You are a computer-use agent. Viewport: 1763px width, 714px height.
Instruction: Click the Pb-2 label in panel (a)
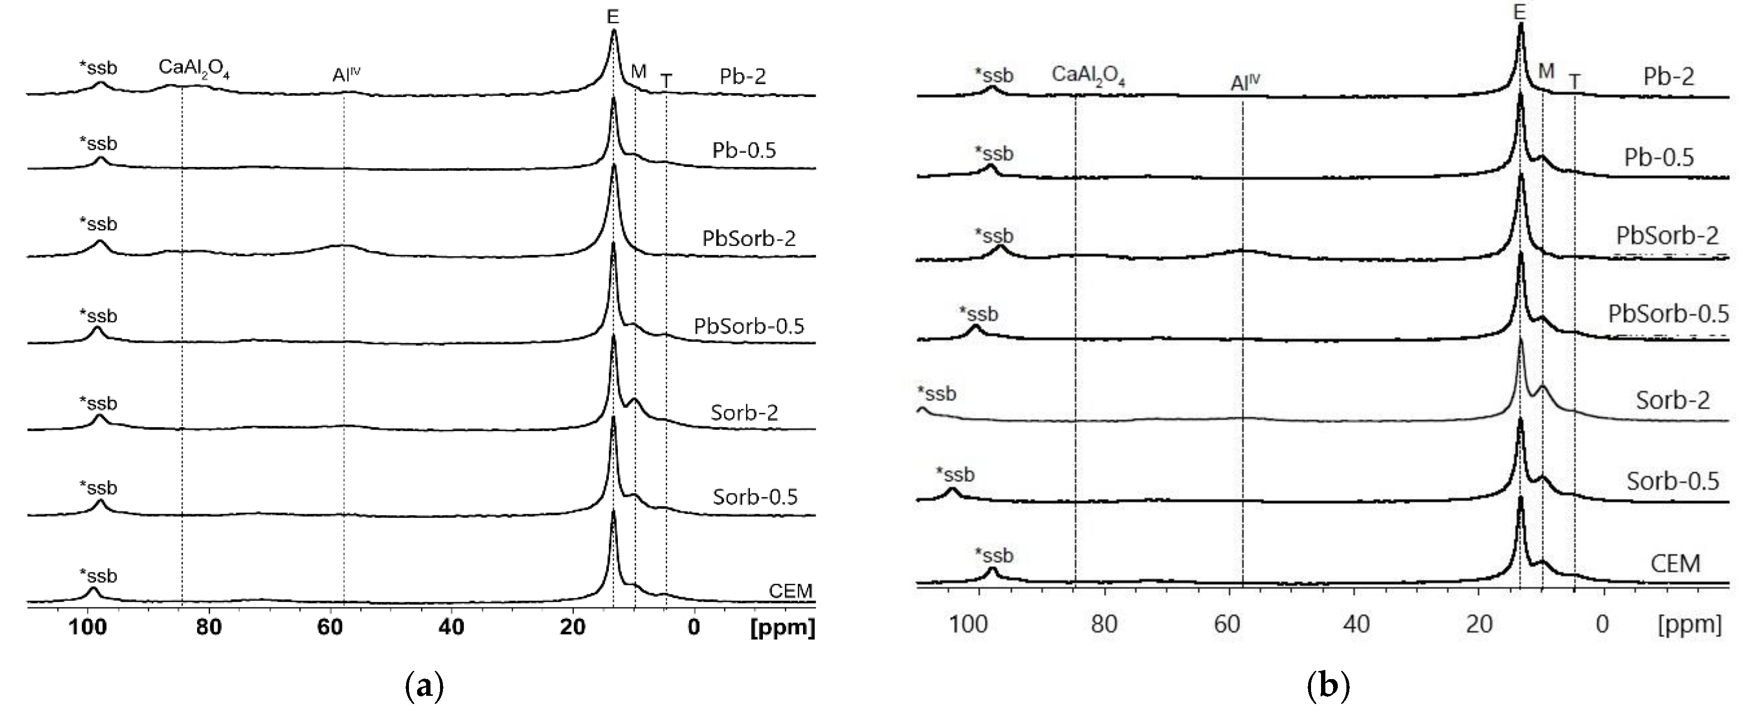(743, 76)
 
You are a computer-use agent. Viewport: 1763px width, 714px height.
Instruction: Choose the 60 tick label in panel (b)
(1228, 624)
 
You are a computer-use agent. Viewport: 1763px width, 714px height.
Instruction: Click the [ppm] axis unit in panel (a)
(783, 627)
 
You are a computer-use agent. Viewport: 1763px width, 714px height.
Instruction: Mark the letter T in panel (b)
(1575, 82)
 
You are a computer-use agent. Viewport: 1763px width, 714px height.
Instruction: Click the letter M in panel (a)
(638, 72)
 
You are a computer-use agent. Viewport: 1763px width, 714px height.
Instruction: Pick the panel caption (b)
(1328, 685)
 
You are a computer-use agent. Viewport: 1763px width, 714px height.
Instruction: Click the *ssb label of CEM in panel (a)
(99, 576)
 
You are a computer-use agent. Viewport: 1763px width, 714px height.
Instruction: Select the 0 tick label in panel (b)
(1602, 624)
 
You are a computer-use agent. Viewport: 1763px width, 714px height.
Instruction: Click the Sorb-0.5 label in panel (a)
(755, 496)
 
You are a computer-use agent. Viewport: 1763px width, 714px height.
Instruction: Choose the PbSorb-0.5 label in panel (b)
(1668, 314)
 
